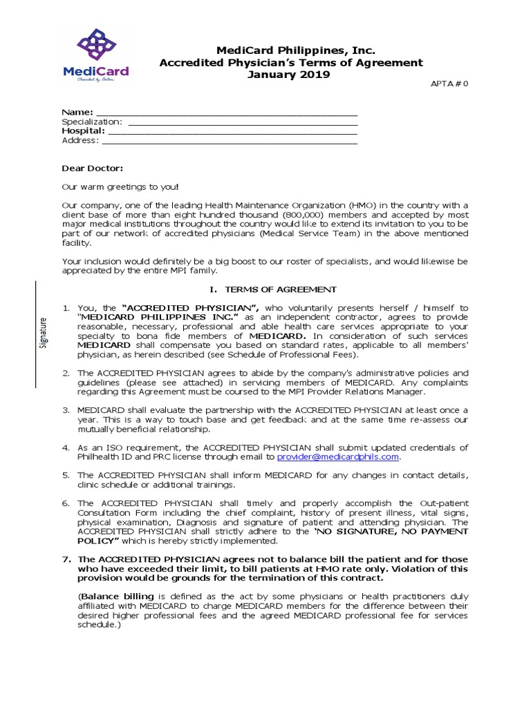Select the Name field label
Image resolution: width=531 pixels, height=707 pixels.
(x=77, y=112)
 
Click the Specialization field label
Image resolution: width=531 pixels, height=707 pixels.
(x=92, y=122)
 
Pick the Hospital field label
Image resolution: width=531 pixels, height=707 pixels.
(x=84, y=130)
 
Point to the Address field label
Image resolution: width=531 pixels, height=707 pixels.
(x=80, y=140)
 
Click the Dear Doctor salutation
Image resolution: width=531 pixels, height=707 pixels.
(x=93, y=168)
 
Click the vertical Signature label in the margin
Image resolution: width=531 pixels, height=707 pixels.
(x=43, y=333)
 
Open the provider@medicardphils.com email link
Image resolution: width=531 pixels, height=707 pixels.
(x=338, y=456)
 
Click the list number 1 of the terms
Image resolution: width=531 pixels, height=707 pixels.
(x=66, y=308)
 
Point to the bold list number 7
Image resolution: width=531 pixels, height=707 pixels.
(x=66, y=559)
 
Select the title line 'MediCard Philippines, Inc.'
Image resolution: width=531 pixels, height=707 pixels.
(x=286, y=50)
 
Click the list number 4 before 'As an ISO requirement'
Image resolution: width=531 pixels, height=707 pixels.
(x=66, y=447)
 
